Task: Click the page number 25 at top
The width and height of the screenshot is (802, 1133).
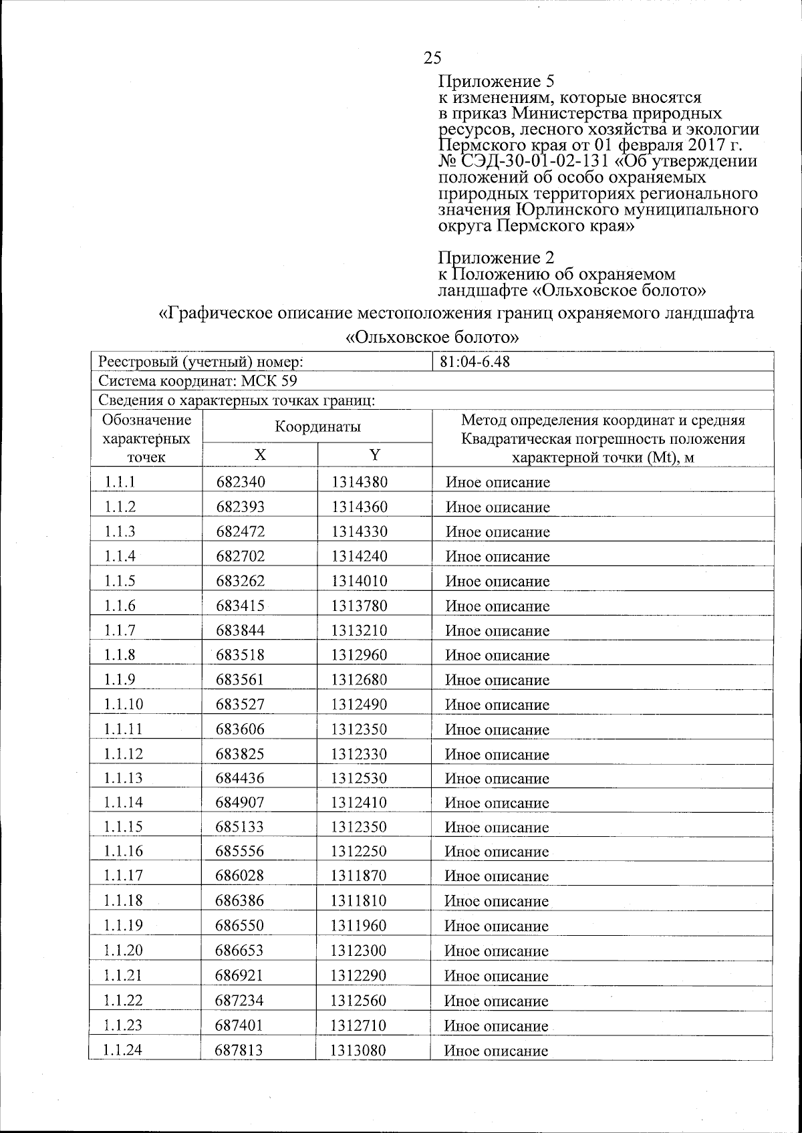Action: pyautogui.click(x=432, y=57)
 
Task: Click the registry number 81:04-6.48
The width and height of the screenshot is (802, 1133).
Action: pyautogui.click(x=475, y=362)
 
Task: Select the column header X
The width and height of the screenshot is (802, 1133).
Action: pyautogui.click(x=259, y=455)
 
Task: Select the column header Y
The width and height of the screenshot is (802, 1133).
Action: pyautogui.click(x=374, y=455)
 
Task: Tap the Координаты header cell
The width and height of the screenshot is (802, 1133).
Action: pyautogui.click(x=317, y=426)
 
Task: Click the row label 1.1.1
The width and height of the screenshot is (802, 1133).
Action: pyautogui.click(x=120, y=482)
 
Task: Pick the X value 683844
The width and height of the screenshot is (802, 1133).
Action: pyautogui.click(x=240, y=630)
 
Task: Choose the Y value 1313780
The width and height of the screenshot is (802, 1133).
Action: pyautogui.click(x=359, y=606)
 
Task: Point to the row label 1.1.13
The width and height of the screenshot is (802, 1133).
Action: pyautogui.click(x=124, y=778)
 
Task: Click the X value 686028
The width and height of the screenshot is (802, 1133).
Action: pyautogui.click(x=239, y=876)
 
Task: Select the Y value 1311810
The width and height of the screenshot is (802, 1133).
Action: pyautogui.click(x=358, y=900)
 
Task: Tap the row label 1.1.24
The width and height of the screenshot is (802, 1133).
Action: pyautogui.click(x=124, y=1050)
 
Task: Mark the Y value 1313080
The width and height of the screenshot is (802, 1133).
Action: pyautogui.click(x=358, y=1050)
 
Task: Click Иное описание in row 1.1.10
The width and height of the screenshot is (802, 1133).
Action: pyautogui.click(x=497, y=705)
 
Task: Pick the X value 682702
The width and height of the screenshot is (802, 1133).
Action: pyautogui.click(x=240, y=556)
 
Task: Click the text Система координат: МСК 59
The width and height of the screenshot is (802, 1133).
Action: pyautogui.click(x=198, y=381)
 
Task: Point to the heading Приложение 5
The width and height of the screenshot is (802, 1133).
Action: pyautogui.click(x=497, y=82)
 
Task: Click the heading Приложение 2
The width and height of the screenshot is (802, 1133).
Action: pyautogui.click(x=496, y=257)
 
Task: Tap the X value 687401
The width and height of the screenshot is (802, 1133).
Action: pyautogui.click(x=239, y=1025)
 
